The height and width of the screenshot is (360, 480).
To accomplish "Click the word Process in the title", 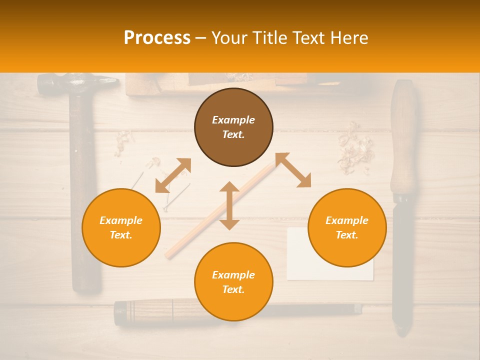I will click(x=157, y=38).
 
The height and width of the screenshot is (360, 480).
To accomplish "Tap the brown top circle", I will click(x=233, y=127).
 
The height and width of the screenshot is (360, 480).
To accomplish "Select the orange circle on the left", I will click(x=121, y=227).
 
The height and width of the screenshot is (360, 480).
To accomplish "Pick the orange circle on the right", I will click(x=347, y=227).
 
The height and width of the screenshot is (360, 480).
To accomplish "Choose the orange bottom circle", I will click(x=233, y=282).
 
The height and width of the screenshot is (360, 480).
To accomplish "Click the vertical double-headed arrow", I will click(x=229, y=206).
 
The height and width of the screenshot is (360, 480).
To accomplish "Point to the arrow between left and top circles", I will click(x=173, y=175).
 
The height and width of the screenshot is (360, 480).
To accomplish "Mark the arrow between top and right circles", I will click(x=293, y=170).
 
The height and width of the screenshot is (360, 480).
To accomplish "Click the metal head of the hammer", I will click(x=75, y=83).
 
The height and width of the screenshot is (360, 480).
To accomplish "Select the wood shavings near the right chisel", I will click(x=356, y=148).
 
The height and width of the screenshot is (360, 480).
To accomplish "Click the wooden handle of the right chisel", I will click(x=403, y=140).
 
